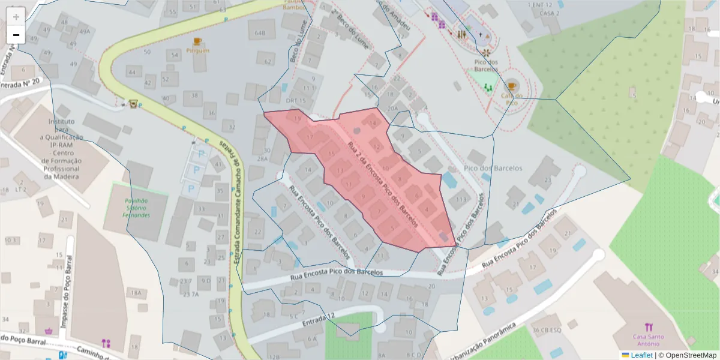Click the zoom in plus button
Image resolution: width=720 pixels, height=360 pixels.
tap(16, 17)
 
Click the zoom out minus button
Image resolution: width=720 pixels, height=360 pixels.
tap(16, 35)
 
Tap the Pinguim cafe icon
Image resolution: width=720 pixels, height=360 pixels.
tap(197, 41)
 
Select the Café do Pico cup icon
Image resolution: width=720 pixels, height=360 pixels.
tap(511, 86)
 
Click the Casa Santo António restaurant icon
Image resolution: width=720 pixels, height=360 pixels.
tap(649, 328)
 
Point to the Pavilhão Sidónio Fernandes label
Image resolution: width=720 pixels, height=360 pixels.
tap(136, 208)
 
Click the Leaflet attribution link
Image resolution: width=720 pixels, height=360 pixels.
tap(641, 355)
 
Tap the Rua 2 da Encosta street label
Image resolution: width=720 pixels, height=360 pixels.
tap(381, 182)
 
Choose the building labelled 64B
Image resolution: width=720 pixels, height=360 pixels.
tap(260, 32)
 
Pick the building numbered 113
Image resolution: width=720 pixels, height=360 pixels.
tap(461, 200)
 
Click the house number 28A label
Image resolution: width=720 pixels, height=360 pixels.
tap(262, 159)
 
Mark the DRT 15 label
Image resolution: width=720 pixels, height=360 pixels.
tap(296, 101)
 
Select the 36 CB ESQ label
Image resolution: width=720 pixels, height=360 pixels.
tap(546, 330)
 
